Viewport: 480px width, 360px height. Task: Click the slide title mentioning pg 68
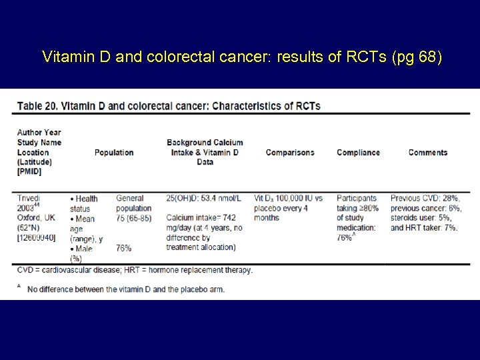pyautogui.click(x=241, y=57)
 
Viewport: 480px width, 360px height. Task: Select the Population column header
pyautogui.click(x=114, y=153)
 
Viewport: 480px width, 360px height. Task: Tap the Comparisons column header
pyautogui.click(x=290, y=153)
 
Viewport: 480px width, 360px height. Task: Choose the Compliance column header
pyautogui.click(x=358, y=153)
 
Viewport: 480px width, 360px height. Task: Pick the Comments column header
pyautogui.click(x=428, y=153)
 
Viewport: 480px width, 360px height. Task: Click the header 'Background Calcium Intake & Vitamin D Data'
pyautogui.click(x=205, y=152)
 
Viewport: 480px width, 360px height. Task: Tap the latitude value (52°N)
pyautogui.click(x=29, y=228)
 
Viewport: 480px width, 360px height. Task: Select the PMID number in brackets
pyautogui.click(x=39, y=238)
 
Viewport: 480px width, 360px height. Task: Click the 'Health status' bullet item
pyautogui.click(x=85, y=203)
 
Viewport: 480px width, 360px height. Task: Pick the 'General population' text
pyautogui.click(x=134, y=203)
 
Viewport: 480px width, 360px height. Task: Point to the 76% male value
pyautogui.click(x=123, y=248)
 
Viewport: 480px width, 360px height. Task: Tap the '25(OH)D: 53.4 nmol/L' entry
pyautogui.click(x=208, y=198)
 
